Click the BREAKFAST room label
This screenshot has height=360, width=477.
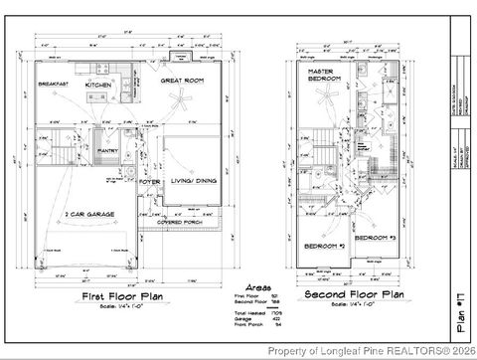click(x=52, y=85)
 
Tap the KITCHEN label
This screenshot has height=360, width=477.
click(x=99, y=86)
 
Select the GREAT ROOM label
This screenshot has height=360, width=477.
click(x=181, y=80)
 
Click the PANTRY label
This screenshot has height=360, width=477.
click(x=108, y=151)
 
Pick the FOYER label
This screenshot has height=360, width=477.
click(x=149, y=182)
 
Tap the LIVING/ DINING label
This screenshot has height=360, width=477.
click(x=195, y=180)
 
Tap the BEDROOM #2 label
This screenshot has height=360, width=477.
click(x=323, y=244)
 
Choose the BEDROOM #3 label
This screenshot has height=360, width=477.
click(x=376, y=239)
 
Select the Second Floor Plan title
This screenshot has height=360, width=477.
click(x=352, y=295)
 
